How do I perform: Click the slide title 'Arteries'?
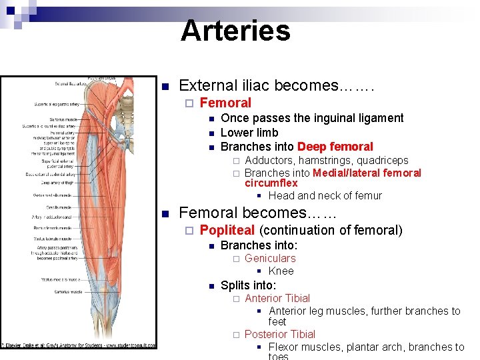coord(235,31)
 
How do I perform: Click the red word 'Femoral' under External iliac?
coord(225,103)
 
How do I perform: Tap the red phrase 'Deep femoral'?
coord(335,147)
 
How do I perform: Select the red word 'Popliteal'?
coord(227,230)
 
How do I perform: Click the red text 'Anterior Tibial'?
coord(277,298)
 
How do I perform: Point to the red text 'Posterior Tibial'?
coord(279,334)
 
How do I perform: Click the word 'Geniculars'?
coord(270,258)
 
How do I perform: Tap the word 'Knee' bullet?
coord(281,271)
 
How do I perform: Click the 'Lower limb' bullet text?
coord(249,133)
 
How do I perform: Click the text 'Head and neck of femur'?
coord(325,195)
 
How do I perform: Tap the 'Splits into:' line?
coord(248,285)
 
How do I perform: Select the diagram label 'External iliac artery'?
coord(71,84)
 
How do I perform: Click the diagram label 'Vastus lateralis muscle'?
coord(56,238)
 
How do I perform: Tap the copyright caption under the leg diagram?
coord(79,345)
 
